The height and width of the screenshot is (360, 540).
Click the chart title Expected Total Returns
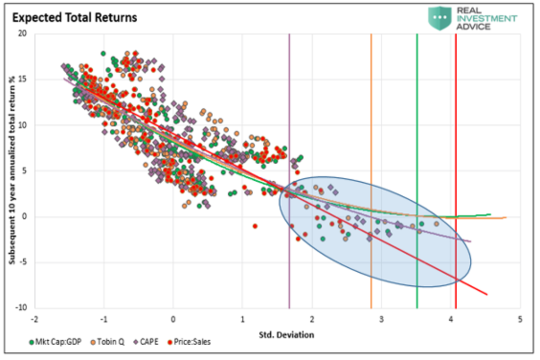[x=74, y=18]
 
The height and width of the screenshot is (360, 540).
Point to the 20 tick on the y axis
[x=22, y=34]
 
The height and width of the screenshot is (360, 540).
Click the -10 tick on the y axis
[x=20, y=308]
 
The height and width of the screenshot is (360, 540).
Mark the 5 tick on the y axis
[x=23, y=171]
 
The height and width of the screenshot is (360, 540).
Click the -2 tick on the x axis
[x=34, y=319]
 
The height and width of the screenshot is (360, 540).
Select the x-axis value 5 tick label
[x=520, y=319]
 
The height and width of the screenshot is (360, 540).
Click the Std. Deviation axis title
[x=286, y=335]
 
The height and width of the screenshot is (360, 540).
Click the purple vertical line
[x=289, y=112]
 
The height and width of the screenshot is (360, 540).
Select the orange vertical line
[x=371, y=112]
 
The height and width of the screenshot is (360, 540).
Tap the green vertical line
[x=417, y=112]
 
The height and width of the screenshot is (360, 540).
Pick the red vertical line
[x=456, y=112]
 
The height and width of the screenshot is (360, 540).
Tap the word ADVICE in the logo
[x=473, y=27]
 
